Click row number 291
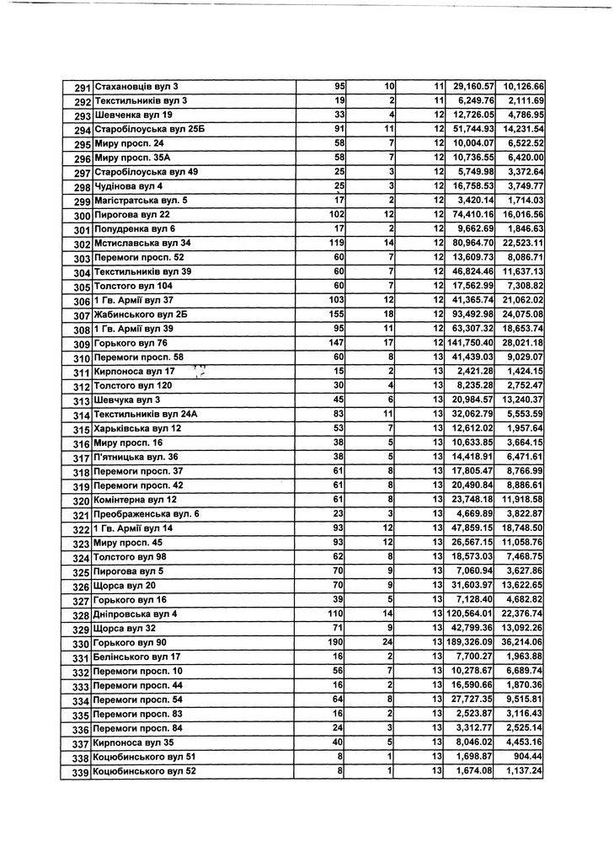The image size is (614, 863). tap(82, 87)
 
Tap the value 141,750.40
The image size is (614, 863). tap(469, 343)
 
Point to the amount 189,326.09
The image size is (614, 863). tap(469, 642)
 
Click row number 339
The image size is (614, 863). tap(81, 772)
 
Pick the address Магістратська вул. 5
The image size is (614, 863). tap(141, 201)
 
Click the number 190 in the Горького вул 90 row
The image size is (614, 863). tap(337, 642)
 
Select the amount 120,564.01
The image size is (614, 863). tap(469, 614)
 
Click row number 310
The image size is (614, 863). tap(81, 358)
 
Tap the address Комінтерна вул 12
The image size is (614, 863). tap(135, 500)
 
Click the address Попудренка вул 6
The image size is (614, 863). tap(135, 229)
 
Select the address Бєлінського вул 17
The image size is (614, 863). tap(137, 657)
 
